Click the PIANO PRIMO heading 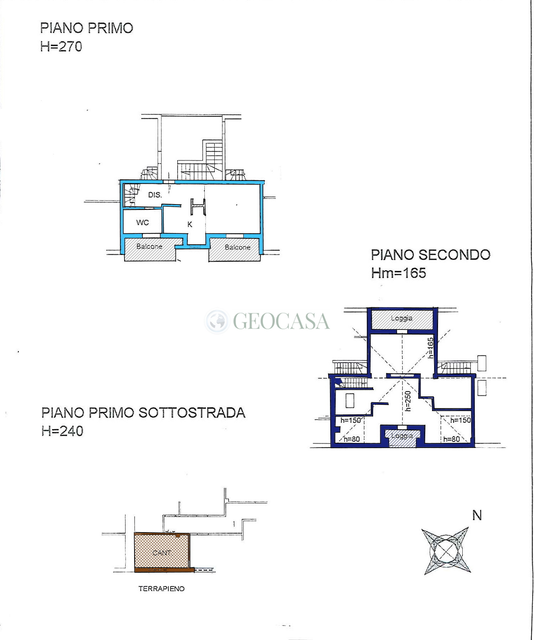pos(87,28)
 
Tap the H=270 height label pos(61,46)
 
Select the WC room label pos(142,223)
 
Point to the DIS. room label pos(155,195)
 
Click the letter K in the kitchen pos(190,224)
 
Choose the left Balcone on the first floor pos(149,247)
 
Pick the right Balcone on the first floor pos(237,247)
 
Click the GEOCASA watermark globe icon pos(217,321)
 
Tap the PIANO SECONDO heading pos(431,255)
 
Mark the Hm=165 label pos(398,273)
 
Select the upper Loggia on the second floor pos(402,318)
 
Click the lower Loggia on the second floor pos(402,436)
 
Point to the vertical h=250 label pos(408,401)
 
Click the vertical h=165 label pos(431,348)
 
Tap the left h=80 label pos(351,439)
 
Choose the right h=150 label pos(460,420)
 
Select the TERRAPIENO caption pos(162,589)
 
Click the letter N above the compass pos(477,515)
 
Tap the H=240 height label pos(62,431)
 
